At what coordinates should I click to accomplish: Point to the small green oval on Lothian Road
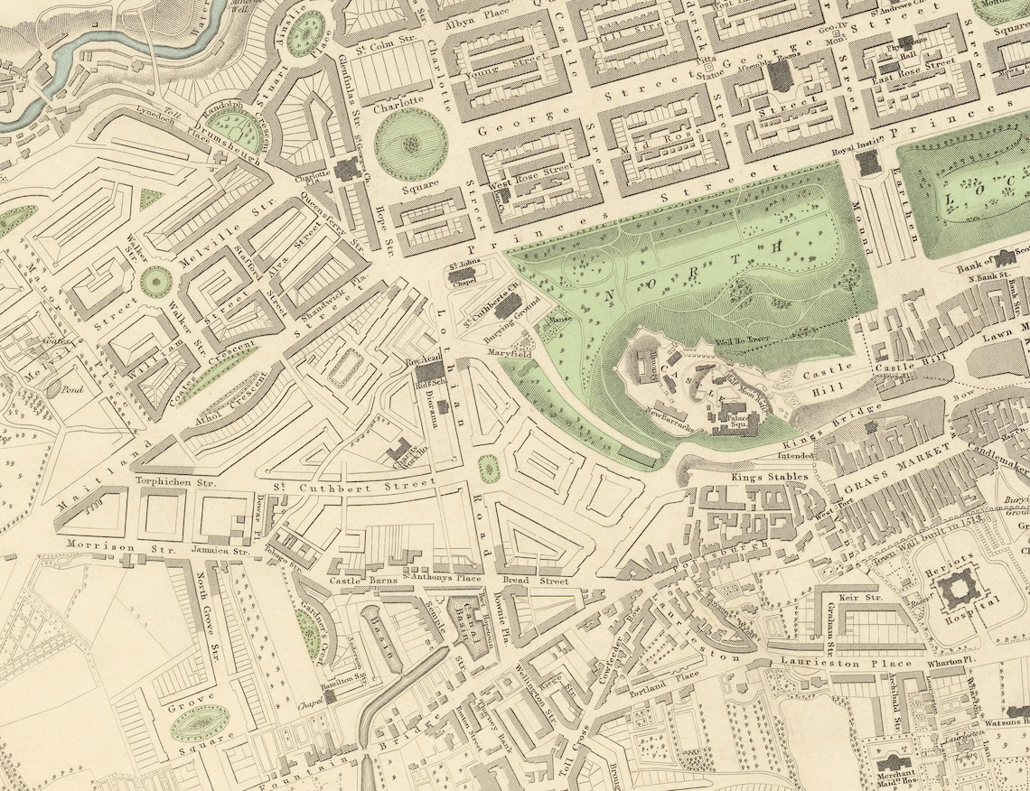488,468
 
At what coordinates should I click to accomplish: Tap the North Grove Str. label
208,623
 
